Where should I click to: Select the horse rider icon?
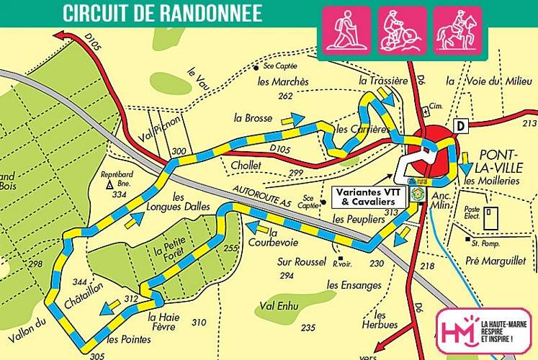coord(458,31)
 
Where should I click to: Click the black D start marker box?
coord(460,127)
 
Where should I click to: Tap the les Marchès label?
coord(283,81)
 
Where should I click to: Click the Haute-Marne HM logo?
coord(459,330)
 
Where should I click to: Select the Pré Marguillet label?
coord(496,260)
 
